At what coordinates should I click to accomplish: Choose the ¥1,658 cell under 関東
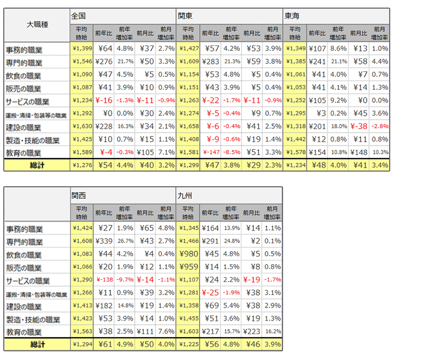coord(188,126)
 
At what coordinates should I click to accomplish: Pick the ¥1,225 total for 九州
coord(188,344)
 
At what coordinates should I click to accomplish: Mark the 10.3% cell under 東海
coord(379,152)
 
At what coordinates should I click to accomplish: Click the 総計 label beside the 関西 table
coord(37,344)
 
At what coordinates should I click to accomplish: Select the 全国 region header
coord(80,16)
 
